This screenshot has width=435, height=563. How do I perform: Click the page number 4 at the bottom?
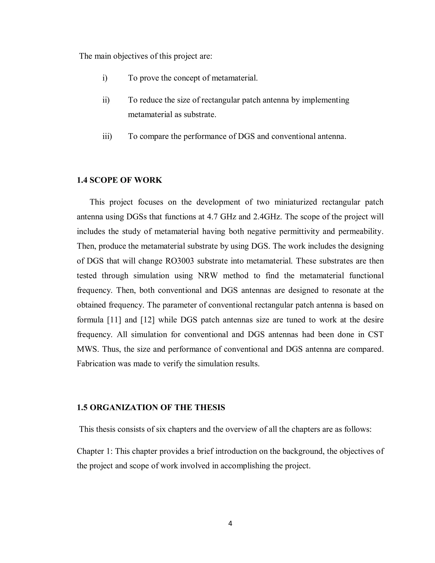230,523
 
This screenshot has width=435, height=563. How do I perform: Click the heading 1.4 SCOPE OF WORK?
119,180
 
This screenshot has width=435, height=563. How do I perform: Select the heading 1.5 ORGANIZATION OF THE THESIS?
151,407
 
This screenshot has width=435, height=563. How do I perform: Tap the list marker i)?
105,78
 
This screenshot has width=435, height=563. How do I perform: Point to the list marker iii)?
107,136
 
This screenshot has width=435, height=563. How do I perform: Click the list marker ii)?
106,100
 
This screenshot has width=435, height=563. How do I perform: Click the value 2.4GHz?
267,216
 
